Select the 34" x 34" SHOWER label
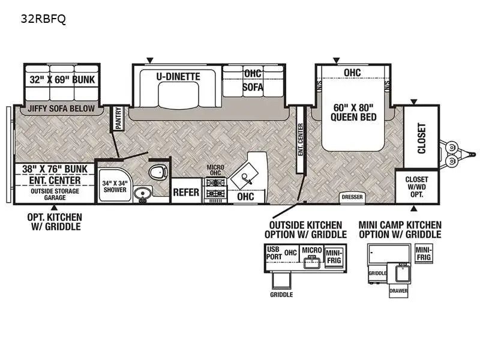tap(114, 187)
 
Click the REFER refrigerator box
tap(186, 193)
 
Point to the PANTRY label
tap(118, 118)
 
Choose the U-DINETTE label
tap(178, 77)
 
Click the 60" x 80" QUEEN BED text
tap(353, 113)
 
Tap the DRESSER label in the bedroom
tap(352, 197)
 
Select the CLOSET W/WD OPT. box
tap(416, 187)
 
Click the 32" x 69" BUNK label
tap(62, 79)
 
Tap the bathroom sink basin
tap(142, 194)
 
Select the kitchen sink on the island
tap(248, 176)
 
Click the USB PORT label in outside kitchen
tap(273, 253)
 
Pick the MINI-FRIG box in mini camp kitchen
tap(423, 253)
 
